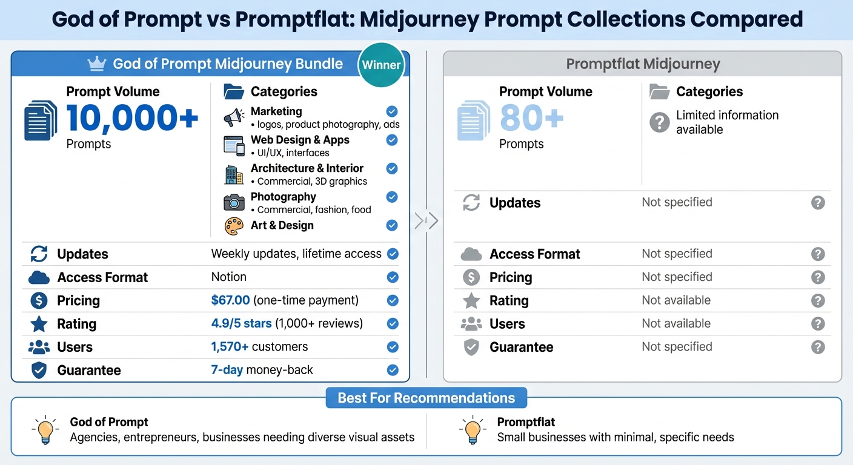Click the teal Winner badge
(x=381, y=65)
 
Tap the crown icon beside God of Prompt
(x=97, y=63)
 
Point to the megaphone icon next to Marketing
(x=234, y=117)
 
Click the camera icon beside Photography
(x=234, y=202)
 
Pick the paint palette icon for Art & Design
(x=234, y=226)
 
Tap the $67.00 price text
(x=230, y=300)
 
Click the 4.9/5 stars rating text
(x=241, y=323)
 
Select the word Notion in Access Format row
(x=228, y=277)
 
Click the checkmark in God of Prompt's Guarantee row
(x=393, y=370)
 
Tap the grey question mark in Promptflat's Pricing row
(x=818, y=277)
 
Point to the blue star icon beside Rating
(x=39, y=324)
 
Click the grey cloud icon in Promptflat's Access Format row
(x=471, y=254)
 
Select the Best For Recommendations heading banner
(x=426, y=398)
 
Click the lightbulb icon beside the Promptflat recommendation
(x=472, y=430)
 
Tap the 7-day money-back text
(x=262, y=370)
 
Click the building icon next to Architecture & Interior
(x=234, y=174)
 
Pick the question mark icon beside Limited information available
(x=659, y=122)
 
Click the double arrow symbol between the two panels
(x=426, y=221)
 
